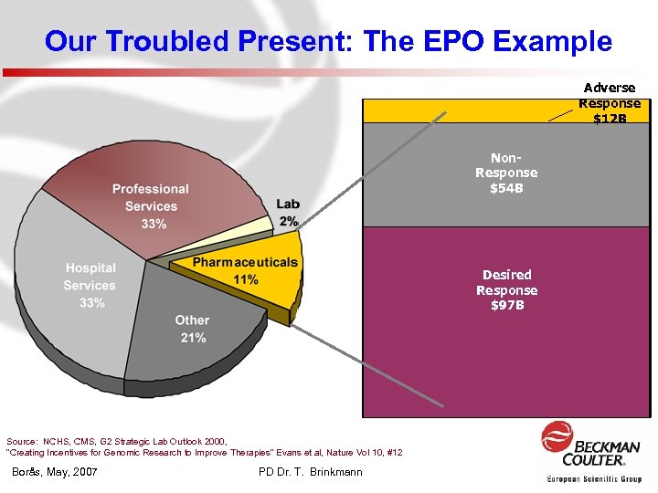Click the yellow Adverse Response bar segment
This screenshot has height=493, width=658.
click(457, 110)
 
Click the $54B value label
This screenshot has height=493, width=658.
click(506, 189)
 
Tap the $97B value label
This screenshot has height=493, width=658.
click(506, 305)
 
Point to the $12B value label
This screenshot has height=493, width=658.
click(610, 119)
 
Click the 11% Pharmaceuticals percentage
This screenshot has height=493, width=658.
click(246, 278)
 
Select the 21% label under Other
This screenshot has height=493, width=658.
click(193, 337)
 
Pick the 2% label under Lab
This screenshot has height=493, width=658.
click(288, 221)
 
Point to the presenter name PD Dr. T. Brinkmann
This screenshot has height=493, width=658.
click(311, 472)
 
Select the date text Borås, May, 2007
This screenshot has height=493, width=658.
click(56, 472)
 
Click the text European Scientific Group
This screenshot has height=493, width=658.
click(594, 478)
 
